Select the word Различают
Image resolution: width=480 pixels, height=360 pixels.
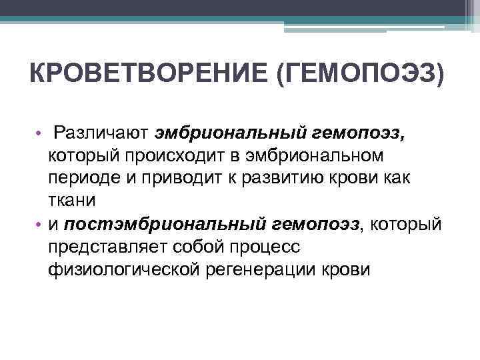[x=101, y=132]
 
